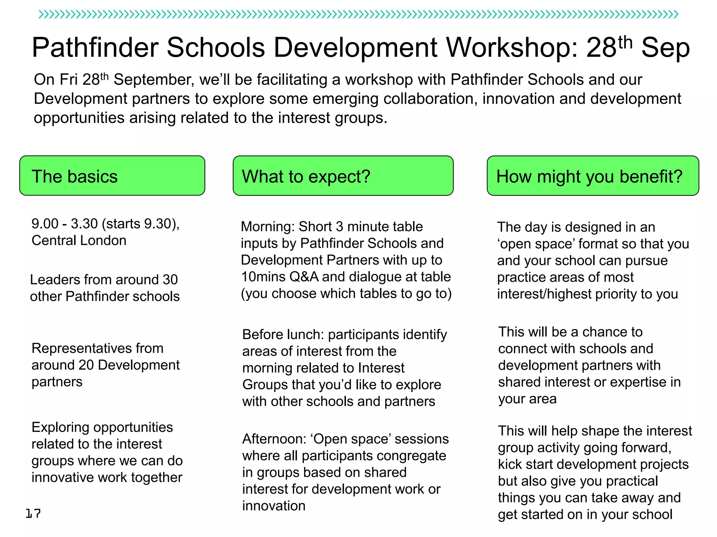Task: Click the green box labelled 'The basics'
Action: click(x=112, y=176)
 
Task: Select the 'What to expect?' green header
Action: click(x=343, y=176)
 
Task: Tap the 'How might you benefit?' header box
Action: click(x=592, y=176)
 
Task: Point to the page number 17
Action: click(x=33, y=513)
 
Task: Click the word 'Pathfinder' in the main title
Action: click(x=95, y=48)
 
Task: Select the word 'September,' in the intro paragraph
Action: click(x=154, y=80)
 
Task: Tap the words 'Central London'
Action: click(x=79, y=241)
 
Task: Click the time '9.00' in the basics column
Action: click(x=45, y=224)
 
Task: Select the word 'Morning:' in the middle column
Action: click(x=267, y=227)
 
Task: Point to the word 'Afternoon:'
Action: click(x=274, y=439)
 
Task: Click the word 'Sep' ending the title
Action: click(x=665, y=48)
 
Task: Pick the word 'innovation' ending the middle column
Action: click(x=274, y=506)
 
